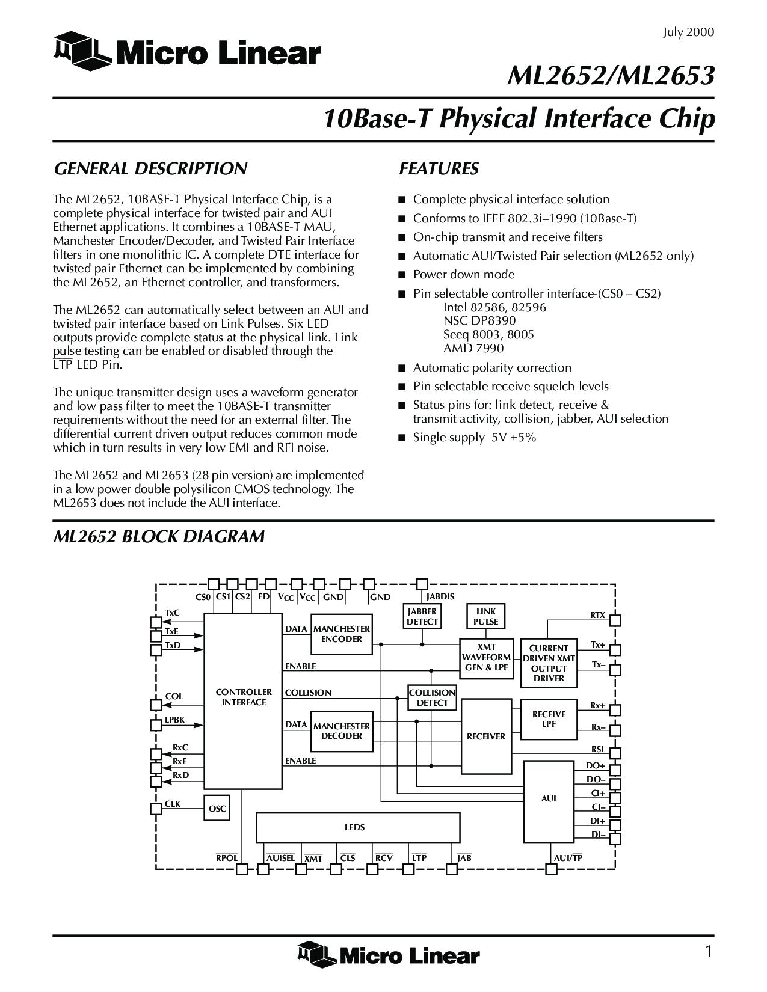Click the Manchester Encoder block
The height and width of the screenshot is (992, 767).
[x=341, y=634]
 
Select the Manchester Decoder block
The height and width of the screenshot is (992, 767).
[x=341, y=731]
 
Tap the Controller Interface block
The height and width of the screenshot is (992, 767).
[x=243, y=697]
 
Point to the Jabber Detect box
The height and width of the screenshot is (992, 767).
[x=422, y=617]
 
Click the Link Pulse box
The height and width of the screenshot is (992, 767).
[x=485, y=617]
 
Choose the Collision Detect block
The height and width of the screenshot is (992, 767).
[x=432, y=698]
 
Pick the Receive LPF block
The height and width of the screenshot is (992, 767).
[x=549, y=719]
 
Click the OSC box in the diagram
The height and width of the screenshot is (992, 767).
[x=217, y=809]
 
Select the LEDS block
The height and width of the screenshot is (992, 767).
[x=357, y=828]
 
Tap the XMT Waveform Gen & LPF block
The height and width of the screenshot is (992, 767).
[x=486, y=658]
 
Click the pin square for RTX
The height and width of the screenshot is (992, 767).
[x=615, y=620]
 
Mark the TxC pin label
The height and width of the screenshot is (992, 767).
[x=172, y=613]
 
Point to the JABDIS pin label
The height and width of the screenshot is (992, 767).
[x=440, y=597]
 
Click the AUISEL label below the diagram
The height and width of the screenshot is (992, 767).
[x=280, y=858]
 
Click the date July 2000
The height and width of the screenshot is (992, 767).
[x=688, y=32]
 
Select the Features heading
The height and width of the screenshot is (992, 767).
[x=439, y=169]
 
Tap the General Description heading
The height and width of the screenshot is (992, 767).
[x=150, y=169]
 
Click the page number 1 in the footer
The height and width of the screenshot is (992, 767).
[x=709, y=952]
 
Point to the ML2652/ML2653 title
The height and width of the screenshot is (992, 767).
[x=611, y=76]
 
